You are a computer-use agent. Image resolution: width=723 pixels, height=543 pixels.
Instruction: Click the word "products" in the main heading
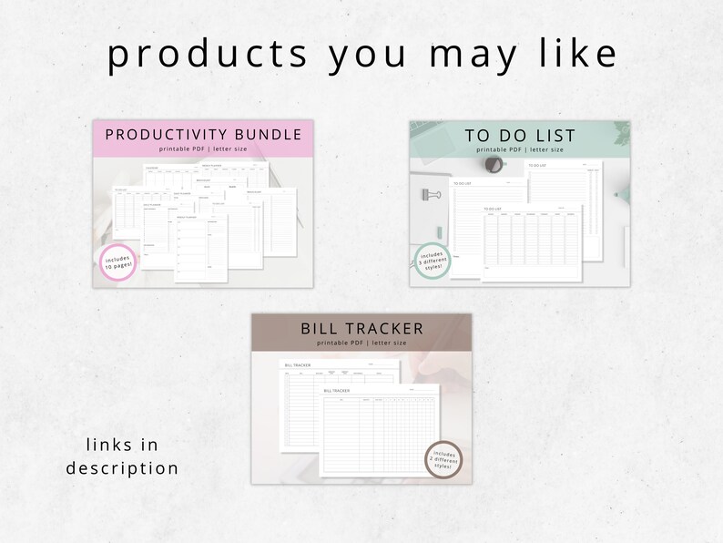(208, 55)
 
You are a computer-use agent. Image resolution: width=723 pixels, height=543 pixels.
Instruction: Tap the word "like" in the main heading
(579, 55)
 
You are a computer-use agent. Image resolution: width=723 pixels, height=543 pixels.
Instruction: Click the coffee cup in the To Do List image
(495, 164)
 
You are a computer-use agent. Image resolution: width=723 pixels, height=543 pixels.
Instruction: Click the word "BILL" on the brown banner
(324, 328)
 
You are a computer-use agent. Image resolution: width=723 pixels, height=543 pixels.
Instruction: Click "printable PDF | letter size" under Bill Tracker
(361, 343)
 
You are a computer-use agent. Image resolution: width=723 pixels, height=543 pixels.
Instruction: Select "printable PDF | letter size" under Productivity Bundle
(205, 149)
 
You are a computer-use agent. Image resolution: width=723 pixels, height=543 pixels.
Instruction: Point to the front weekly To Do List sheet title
(494, 209)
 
